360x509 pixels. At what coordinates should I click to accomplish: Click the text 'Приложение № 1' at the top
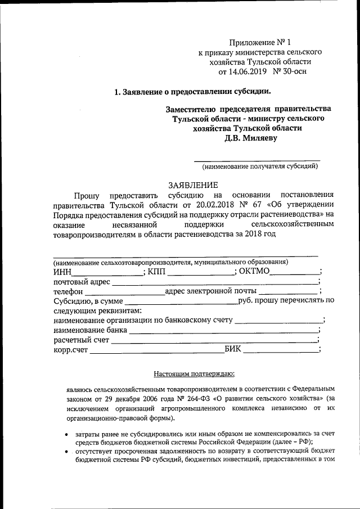(258, 43)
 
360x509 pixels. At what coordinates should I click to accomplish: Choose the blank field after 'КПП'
(201, 273)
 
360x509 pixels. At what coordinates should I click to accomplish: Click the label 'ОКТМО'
(255, 272)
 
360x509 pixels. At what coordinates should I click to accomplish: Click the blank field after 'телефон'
(124, 294)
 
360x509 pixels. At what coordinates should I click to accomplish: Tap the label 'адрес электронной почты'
(210, 291)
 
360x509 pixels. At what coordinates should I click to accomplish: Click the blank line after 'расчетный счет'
(214, 342)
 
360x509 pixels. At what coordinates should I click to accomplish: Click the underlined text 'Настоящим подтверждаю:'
(193, 373)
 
